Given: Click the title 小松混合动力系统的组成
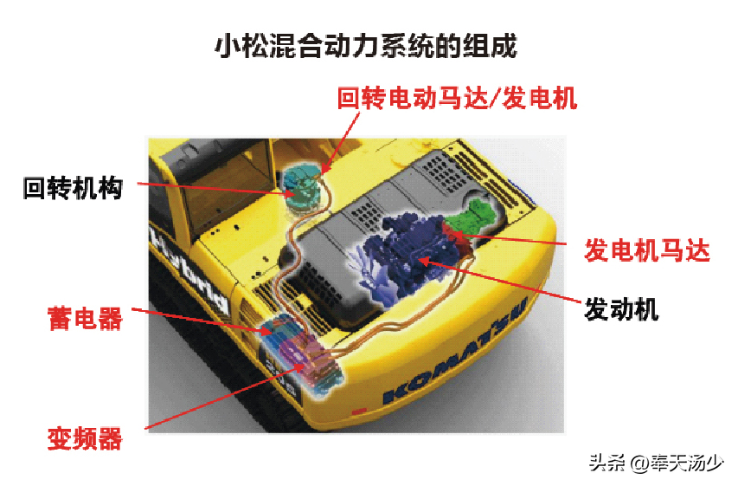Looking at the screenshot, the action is (366, 46).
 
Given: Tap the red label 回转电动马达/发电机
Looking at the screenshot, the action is (457, 98).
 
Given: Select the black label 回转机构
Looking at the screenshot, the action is (73, 188).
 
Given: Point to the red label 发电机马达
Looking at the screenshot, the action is (646, 249).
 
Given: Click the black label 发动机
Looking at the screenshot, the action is (621, 309).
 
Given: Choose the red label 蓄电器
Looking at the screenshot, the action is (85, 318).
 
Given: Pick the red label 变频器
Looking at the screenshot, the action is (85, 438).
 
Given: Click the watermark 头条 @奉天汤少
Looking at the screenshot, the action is (656, 463).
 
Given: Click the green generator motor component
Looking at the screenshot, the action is (473, 216).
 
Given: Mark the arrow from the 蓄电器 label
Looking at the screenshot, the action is (202, 321).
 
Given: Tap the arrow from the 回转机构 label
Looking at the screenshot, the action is (216, 189).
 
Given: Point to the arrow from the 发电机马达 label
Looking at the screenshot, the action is (510, 238).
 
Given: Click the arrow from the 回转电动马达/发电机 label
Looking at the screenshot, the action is (341, 142).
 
